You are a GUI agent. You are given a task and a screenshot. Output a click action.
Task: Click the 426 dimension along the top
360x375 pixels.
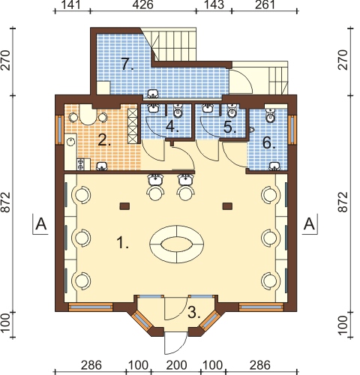point(142,4)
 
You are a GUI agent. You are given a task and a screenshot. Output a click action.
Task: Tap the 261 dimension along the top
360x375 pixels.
point(265,4)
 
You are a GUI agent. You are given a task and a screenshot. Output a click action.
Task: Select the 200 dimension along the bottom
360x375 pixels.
point(176,365)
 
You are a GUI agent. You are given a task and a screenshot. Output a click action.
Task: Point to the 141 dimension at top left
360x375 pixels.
point(71,4)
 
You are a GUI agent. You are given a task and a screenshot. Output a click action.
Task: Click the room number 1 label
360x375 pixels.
point(123,243)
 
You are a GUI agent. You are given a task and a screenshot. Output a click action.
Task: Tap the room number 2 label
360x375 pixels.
point(104,140)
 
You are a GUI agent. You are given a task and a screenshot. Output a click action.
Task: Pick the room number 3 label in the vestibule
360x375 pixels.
point(194,313)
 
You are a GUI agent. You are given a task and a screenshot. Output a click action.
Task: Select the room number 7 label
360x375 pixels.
point(127,64)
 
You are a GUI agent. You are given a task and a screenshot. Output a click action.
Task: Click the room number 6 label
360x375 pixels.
point(268,143)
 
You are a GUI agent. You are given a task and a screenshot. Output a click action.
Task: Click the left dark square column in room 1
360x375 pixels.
point(124,206)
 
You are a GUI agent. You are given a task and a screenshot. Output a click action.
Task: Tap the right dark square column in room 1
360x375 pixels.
point(227,206)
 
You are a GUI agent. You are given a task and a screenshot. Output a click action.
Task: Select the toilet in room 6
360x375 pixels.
point(270,115)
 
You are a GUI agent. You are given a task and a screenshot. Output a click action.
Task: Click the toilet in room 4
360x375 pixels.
point(178,112)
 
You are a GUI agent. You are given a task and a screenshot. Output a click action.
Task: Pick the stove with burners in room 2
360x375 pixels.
point(81,164)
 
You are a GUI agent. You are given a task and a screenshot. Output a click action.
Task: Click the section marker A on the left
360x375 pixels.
point(41,223)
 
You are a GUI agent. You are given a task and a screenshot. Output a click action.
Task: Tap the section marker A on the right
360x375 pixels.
point(310,223)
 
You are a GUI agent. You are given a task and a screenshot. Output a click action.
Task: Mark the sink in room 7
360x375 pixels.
point(153,94)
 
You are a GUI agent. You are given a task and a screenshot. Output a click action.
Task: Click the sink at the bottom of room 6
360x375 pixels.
point(275,166)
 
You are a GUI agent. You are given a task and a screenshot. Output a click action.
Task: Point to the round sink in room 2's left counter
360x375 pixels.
point(71,142)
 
